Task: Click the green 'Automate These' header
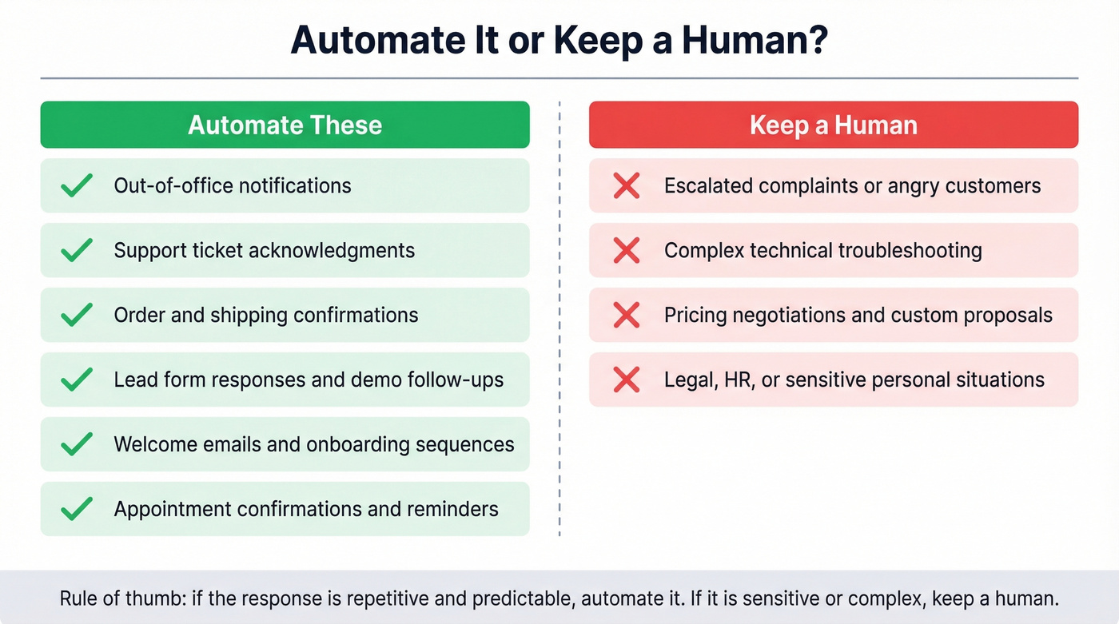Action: pyautogui.click(x=285, y=125)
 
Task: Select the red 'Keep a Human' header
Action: pyautogui.click(x=833, y=125)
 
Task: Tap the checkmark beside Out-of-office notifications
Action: pyautogui.click(x=77, y=186)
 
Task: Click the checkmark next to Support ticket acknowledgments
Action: pyautogui.click(x=77, y=251)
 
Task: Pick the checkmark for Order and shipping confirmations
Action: pyautogui.click(x=77, y=316)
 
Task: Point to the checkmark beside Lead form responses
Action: pyautogui.click(x=77, y=380)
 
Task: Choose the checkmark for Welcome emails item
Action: pyautogui.click(x=77, y=445)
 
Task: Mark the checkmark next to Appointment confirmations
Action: pyautogui.click(x=77, y=510)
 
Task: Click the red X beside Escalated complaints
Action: pyautogui.click(x=626, y=186)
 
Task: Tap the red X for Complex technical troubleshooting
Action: pyautogui.click(x=626, y=251)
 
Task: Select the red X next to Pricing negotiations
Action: pyautogui.click(x=626, y=316)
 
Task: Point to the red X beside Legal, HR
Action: pyautogui.click(x=626, y=380)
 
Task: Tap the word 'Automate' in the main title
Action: pyautogui.click(x=376, y=40)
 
